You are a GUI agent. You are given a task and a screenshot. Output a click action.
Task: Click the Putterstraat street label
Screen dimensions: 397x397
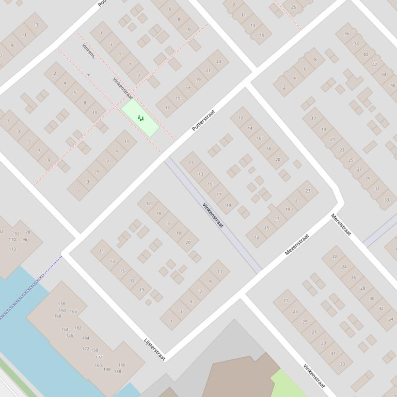click(x=203, y=120)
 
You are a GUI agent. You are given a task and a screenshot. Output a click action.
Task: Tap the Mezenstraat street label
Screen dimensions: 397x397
click(x=297, y=244)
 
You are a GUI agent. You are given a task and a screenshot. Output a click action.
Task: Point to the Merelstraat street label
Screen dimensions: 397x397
click(x=341, y=224)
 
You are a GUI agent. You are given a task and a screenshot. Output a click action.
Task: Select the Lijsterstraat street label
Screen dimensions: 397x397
click(x=154, y=349)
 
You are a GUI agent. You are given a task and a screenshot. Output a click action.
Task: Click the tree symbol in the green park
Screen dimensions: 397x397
click(x=140, y=118)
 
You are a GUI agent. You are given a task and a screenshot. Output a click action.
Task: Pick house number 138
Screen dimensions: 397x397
click(x=61, y=304)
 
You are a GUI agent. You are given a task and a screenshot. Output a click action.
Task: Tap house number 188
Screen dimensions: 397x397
click(x=118, y=371)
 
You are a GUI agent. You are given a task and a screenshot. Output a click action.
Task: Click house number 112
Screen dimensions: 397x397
click(x=12, y=249)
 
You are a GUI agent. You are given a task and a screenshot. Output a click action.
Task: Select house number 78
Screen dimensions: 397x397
click(x=28, y=233)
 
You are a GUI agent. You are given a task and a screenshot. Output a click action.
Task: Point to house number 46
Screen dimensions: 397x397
click(x=393, y=85)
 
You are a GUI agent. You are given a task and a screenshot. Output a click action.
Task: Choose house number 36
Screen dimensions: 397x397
click(x=346, y=34)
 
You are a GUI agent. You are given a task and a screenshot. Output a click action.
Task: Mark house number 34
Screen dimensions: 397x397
click(x=390, y=319)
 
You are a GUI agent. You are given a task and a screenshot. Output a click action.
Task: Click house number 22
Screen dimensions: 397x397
click(x=335, y=256)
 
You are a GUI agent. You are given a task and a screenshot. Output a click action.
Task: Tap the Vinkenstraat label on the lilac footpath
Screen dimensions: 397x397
click(x=213, y=216)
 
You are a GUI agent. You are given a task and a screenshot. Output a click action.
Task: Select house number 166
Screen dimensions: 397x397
click(x=73, y=311)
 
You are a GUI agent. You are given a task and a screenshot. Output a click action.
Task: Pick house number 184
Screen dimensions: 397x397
click(x=86, y=338)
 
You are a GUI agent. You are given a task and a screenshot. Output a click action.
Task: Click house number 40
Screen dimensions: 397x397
click(x=365, y=54)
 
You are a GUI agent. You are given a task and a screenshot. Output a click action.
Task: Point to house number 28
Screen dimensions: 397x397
click(x=362, y=288)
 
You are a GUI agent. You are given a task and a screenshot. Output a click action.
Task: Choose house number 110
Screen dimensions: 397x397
click(x=12, y=240)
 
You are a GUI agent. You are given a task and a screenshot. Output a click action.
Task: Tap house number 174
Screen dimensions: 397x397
click(x=99, y=357)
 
